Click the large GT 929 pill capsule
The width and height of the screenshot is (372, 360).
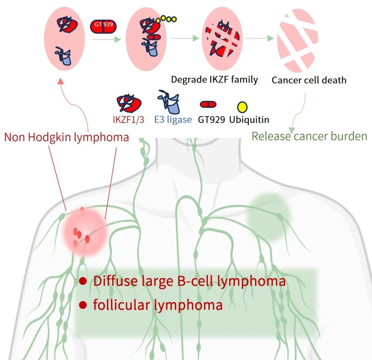click(x=103, y=26)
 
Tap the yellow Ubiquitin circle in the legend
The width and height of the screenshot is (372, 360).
click(x=242, y=107)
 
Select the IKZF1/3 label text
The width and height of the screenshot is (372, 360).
click(x=129, y=120)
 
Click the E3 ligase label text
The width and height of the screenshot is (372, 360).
click(x=173, y=120)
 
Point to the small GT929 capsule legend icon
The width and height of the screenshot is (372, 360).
click(x=208, y=105)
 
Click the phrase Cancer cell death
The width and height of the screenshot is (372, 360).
click(x=309, y=80)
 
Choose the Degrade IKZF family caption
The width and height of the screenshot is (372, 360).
click(x=215, y=80)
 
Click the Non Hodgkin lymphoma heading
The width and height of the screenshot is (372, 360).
click(x=67, y=137)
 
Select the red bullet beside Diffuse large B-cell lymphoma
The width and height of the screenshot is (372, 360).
click(x=83, y=281)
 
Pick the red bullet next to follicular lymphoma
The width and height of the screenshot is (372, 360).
click(x=83, y=305)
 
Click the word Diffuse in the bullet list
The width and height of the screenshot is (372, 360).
click(x=116, y=281)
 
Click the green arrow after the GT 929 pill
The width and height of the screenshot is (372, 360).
click(x=106, y=39)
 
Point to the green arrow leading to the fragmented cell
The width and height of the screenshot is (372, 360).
click(x=260, y=38)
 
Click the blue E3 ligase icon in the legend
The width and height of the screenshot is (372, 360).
click(x=169, y=102)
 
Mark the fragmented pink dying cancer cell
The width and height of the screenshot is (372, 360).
click(x=298, y=40)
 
